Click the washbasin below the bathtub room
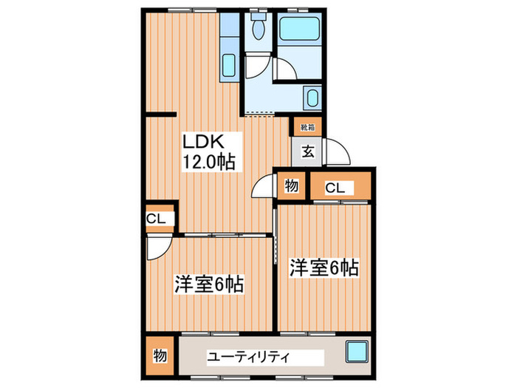click(x=312, y=97)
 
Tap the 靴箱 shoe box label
click(x=306, y=127)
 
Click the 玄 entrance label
click(x=307, y=154)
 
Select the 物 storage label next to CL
click(x=291, y=186)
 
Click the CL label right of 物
click(x=335, y=188)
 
